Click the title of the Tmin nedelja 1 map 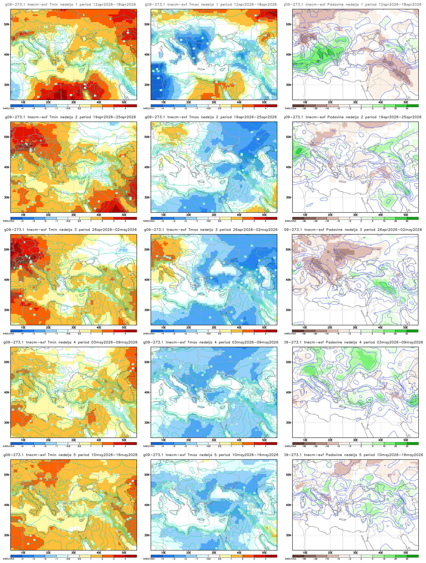pos(70,4)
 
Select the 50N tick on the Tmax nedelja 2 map pos(147,137)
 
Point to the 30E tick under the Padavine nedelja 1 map pos(355,102)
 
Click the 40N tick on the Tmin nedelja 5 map pos(6,505)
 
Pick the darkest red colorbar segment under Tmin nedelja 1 pos(131,105)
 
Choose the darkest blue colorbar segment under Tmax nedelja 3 pos(157,331)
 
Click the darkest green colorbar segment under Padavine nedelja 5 pos(413,556)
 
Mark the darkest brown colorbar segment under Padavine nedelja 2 pos(298,218)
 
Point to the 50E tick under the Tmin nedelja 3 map pos(124,327)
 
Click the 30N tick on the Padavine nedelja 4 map pos(288,422)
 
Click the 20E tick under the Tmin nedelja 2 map pos(48,215)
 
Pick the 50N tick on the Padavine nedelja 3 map pos(288,250)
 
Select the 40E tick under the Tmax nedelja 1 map pos(239,102)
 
